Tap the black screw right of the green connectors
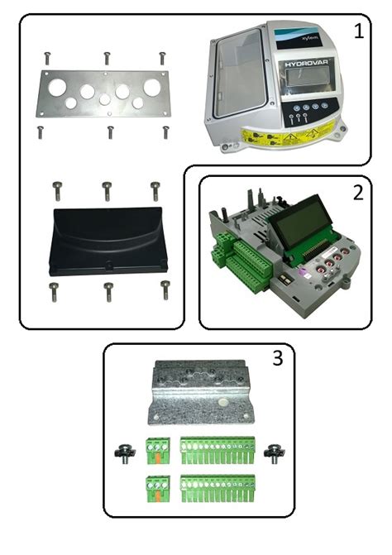click(x=271, y=454)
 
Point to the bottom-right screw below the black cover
click(x=165, y=289)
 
